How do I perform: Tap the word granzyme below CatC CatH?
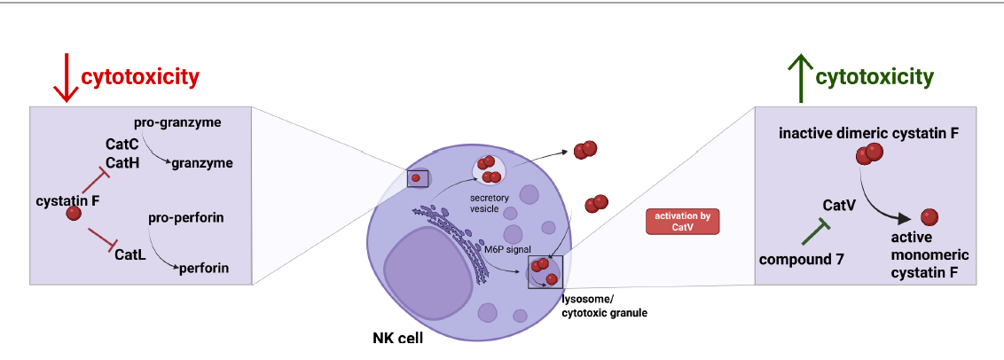coord(201,163)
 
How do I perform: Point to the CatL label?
coord(129,254)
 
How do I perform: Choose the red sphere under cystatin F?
coord(74,214)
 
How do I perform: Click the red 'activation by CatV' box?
coord(682,222)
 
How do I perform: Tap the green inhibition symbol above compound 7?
coord(815,232)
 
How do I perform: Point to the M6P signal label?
coord(506,250)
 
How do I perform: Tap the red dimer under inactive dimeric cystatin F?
coord(868,155)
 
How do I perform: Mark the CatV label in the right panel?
coord(838,206)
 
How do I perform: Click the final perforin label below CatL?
coord(205,266)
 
